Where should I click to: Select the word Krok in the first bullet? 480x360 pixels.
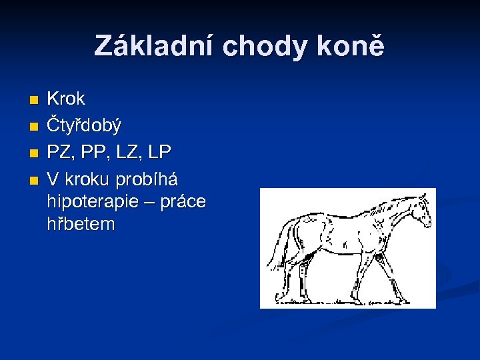coord(66,99)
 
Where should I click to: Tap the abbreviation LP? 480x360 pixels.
coord(159,153)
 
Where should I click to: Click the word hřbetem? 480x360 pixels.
coord(81,223)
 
